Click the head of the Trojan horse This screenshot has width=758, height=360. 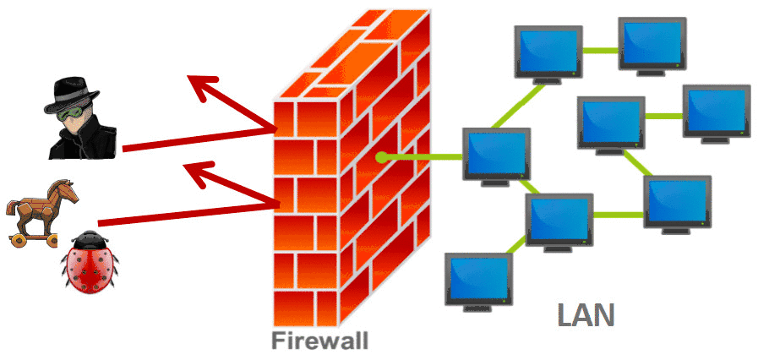pyautogui.click(x=67, y=191)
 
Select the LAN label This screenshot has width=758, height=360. pyautogui.click(x=586, y=314)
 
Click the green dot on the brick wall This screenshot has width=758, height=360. pyautogui.click(x=382, y=156)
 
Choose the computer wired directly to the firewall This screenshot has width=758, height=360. pyautogui.click(x=496, y=154)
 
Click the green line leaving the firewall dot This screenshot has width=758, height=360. pyautogui.click(x=423, y=156)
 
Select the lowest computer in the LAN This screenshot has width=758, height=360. pyautogui.click(x=479, y=279)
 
